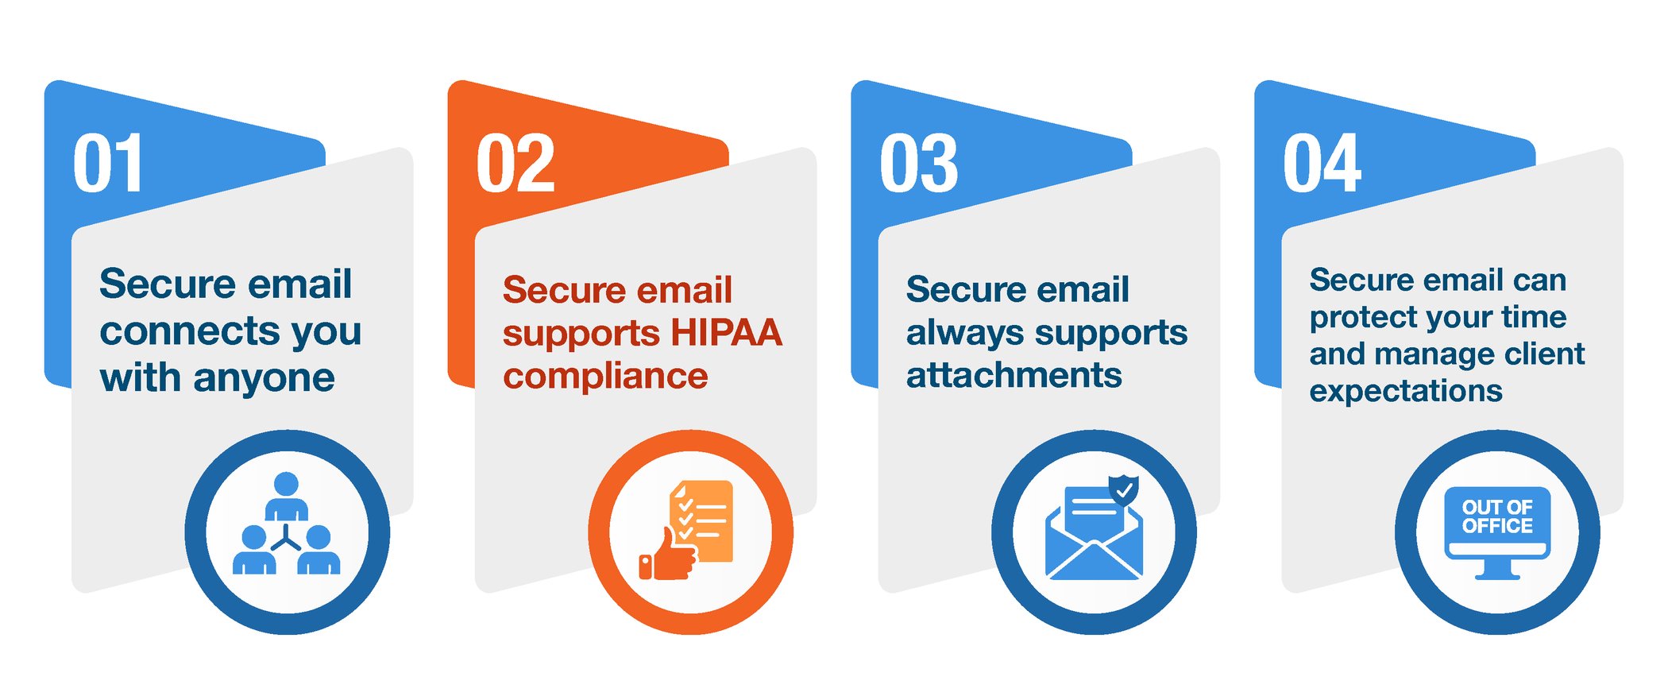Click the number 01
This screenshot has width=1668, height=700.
(x=108, y=164)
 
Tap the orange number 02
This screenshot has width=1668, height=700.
(x=515, y=164)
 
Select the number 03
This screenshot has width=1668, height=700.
(x=919, y=164)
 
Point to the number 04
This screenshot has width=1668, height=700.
(x=1322, y=164)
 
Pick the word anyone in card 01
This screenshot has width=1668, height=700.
(x=264, y=378)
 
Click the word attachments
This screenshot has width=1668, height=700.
(x=1014, y=375)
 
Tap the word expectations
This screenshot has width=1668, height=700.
(x=1406, y=391)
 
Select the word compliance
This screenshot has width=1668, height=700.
(x=605, y=377)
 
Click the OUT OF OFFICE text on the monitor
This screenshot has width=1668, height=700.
(x=1497, y=517)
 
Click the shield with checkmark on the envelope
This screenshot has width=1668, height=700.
(x=1123, y=489)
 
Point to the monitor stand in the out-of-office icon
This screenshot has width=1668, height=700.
(x=1497, y=569)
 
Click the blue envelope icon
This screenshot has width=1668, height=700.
(x=1094, y=540)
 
